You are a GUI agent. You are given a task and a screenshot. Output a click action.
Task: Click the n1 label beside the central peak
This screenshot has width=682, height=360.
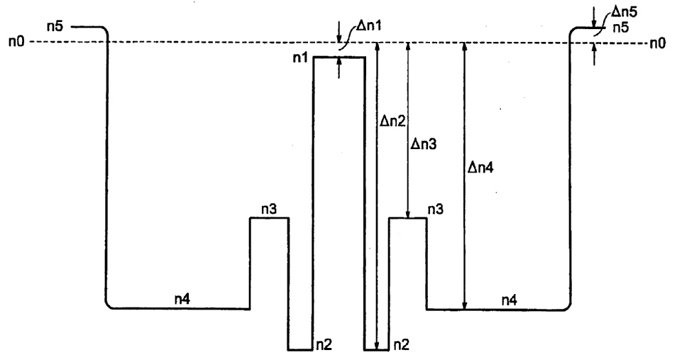click(x=301, y=58)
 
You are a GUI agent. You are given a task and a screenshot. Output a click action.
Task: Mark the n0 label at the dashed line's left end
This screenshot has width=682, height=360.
click(x=15, y=43)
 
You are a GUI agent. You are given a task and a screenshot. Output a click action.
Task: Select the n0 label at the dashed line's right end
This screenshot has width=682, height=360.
click(x=659, y=43)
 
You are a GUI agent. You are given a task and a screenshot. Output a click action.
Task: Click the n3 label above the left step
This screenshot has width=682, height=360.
click(x=268, y=209)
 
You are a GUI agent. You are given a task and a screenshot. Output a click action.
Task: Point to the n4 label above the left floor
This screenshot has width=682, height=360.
click(x=183, y=300)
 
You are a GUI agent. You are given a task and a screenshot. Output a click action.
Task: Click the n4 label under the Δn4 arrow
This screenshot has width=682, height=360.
click(x=510, y=300)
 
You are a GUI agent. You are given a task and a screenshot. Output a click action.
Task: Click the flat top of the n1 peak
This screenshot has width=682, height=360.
click(x=339, y=57)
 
